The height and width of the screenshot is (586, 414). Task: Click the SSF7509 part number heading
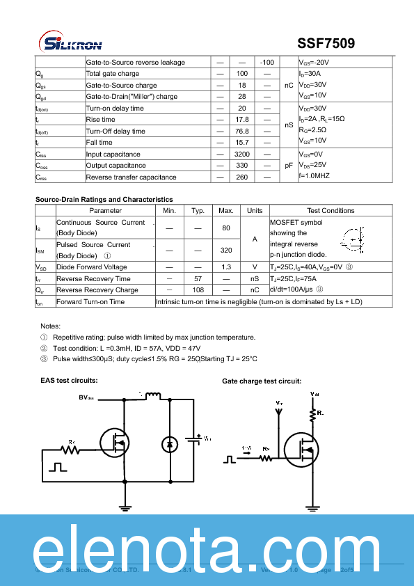(326, 43)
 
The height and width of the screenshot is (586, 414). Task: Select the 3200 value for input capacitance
(242, 154)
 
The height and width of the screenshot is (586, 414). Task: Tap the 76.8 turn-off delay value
(242, 131)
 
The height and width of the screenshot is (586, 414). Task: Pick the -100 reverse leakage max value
(266, 63)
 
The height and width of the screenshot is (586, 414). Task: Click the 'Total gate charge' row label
(112, 74)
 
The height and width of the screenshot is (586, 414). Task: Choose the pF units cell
(289, 166)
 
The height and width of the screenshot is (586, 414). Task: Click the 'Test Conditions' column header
(331, 210)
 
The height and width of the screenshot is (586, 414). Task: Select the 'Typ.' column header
(198, 210)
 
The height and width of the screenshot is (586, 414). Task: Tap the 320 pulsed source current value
(226, 250)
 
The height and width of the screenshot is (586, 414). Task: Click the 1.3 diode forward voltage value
(226, 267)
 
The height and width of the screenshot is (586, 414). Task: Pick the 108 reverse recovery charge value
(198, 290)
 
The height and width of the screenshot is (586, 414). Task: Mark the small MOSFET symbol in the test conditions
(355, 239)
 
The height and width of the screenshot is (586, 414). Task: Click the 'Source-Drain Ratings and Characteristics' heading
(104, 200)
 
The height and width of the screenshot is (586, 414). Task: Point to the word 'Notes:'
(51, 326)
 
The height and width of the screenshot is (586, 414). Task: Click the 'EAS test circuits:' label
(69, 381)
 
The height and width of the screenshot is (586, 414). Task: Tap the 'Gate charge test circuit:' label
(261, 381)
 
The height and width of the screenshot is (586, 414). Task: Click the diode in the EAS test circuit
(168, 443)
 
